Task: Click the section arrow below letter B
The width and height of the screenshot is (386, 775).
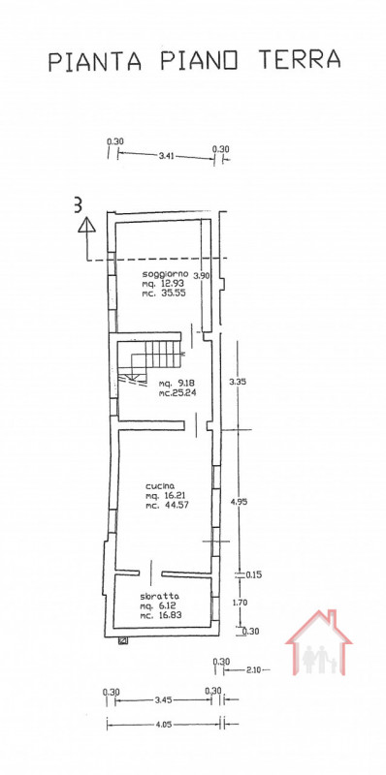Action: coord(87,229)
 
